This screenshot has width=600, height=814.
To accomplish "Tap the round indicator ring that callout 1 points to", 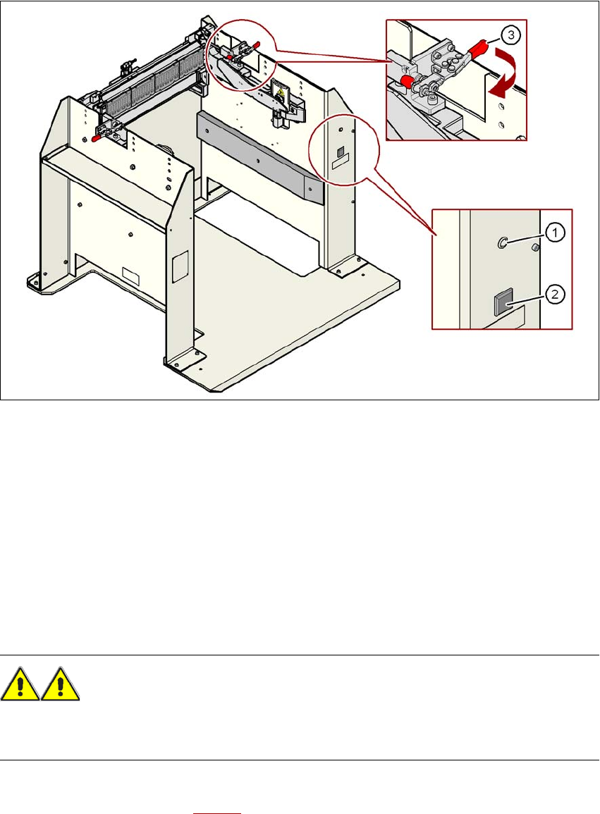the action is point(502,242).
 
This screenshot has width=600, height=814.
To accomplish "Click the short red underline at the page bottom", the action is point(217,812).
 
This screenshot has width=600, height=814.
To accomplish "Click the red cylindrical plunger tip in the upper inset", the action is point(408,81).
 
